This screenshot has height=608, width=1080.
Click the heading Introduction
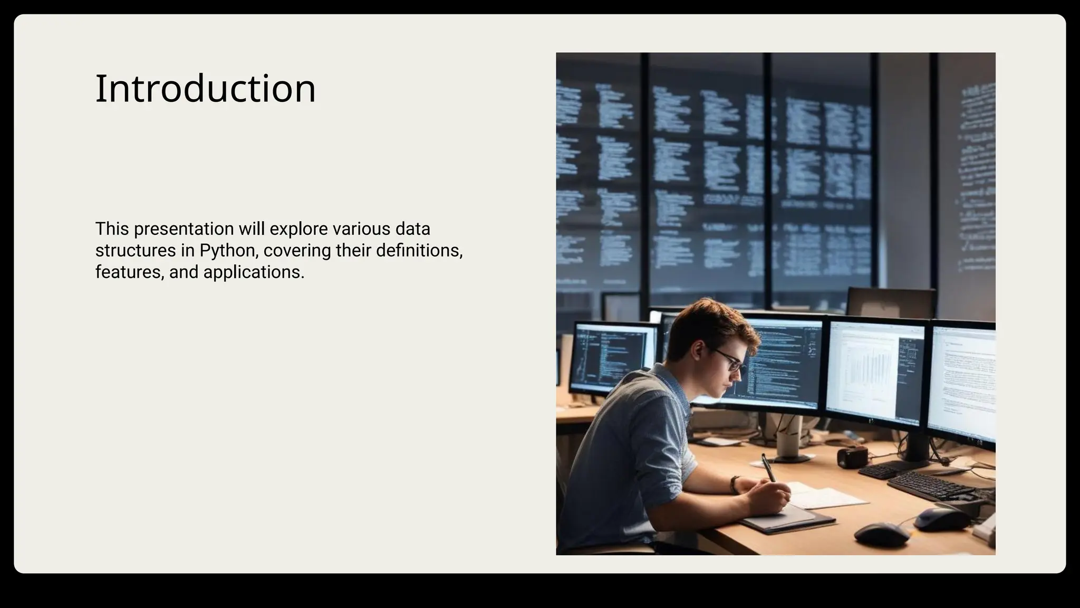point(205,88)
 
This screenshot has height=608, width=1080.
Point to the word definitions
point(419,251)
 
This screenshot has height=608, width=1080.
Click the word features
point(130,272)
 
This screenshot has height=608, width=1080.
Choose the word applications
point(254,272)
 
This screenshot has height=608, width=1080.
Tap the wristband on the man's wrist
point(734,484)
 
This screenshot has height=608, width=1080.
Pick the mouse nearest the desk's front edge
point(881,534)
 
